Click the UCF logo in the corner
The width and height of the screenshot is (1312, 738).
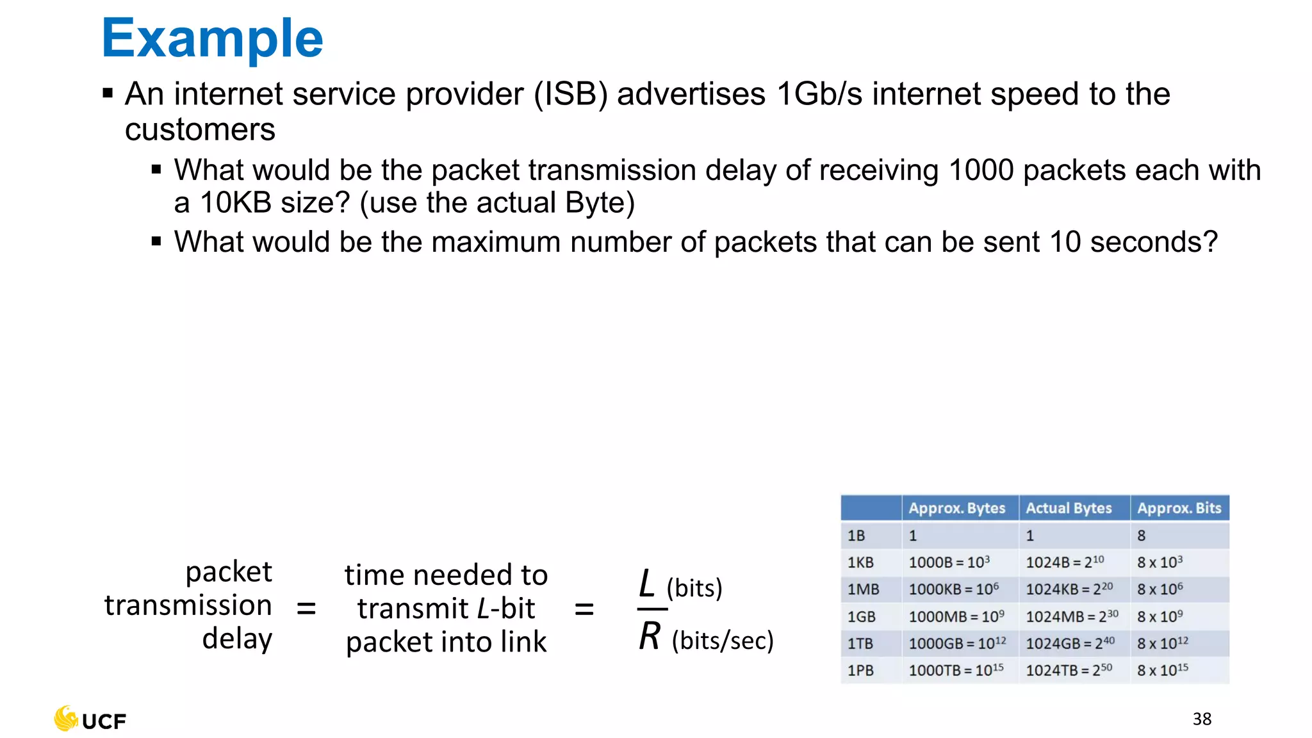(x=90, y=719)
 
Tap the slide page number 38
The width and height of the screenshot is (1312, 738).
(x=1202, y=719)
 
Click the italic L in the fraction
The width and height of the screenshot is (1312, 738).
(x=647, y=584)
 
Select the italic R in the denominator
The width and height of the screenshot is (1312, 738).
(x=650, y=637)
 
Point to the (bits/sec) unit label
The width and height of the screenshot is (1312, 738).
(x=723, y=641)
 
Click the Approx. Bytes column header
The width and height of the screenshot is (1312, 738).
(x=957, y=508)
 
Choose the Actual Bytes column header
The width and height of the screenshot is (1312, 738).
(x=1069, y=508)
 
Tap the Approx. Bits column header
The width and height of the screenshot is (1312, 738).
(x=1179, y=508)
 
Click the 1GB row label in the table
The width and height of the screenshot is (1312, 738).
(x=861, y=617)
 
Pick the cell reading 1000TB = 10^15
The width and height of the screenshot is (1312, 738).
(x=956, y=670)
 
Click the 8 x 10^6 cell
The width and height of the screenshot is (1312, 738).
(x=1160, y=589)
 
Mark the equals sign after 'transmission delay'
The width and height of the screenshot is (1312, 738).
(x=306, y=608)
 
